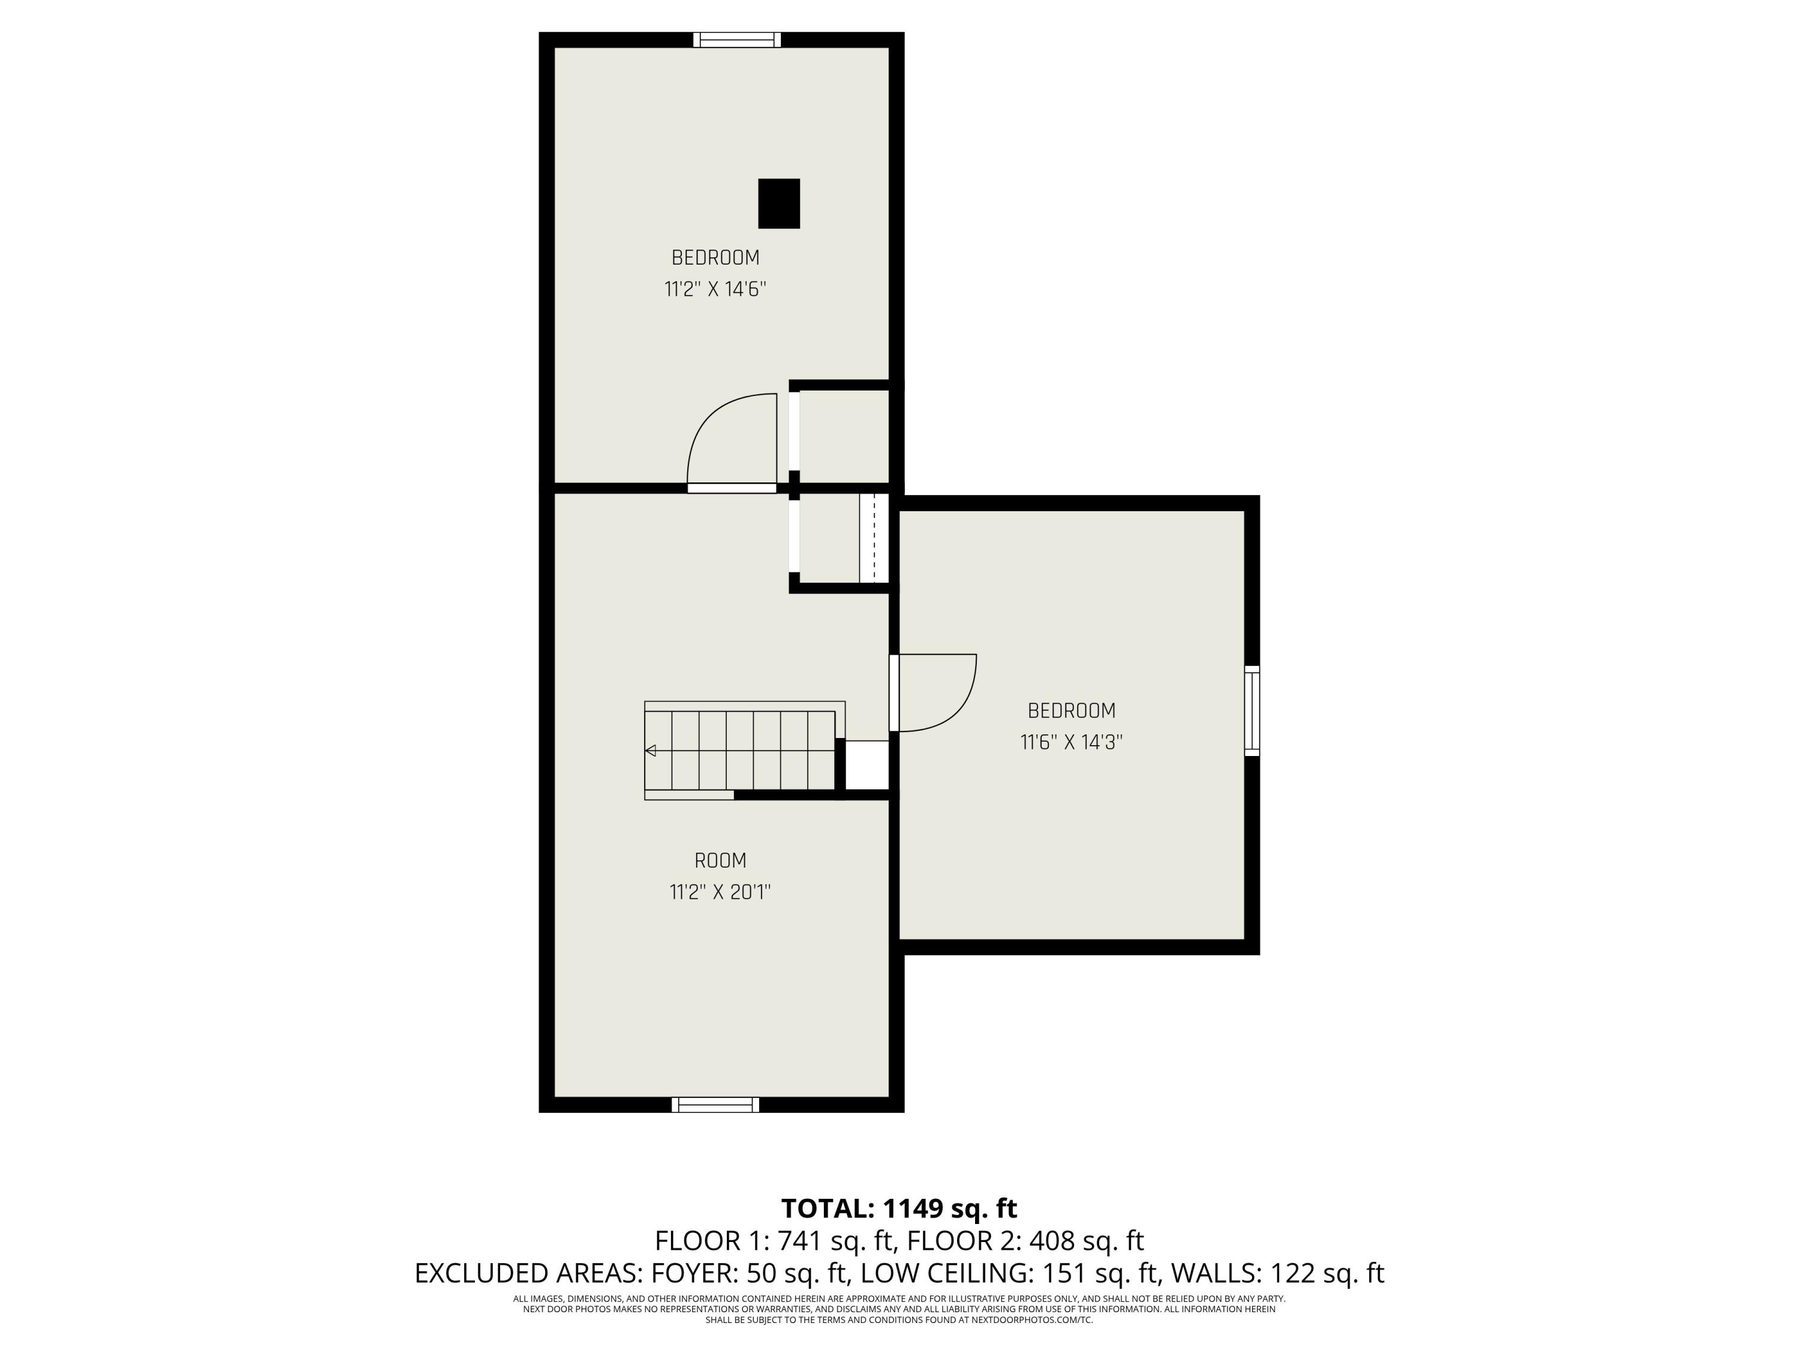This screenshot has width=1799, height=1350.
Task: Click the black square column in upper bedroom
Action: pos(778,203)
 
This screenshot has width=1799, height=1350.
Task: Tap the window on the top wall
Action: pos(737,40)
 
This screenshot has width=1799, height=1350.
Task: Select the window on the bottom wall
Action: pos(715,1104)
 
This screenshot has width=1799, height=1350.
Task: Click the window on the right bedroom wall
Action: pos(1253,710)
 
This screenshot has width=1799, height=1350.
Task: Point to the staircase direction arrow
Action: pos(651,750)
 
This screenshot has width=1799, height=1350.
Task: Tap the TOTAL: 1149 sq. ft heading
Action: pos(899,1208)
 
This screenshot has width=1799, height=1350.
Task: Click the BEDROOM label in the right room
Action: pos(1071,710)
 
